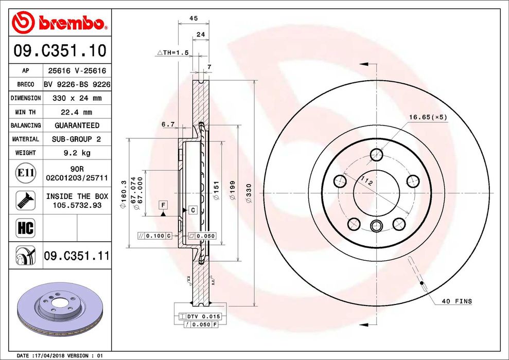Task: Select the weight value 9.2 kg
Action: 77,153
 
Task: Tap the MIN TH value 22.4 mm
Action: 77,112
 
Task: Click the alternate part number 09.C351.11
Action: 77,255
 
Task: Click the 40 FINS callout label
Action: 456,301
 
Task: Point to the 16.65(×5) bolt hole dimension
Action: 428,117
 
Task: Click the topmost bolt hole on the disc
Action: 377,154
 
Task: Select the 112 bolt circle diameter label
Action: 366,181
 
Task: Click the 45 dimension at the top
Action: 194,18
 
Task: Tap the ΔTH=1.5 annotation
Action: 173,52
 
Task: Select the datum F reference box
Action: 163,205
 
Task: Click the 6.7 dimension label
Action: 168,124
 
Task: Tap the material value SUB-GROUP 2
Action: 77,139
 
